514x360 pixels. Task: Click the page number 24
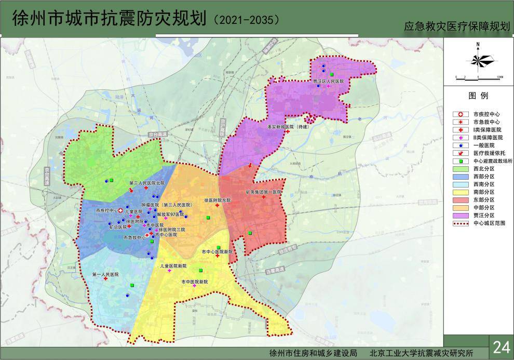(x=501, y=346)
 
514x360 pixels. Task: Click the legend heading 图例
(x=478, y=96)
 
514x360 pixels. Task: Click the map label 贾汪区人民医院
(x=328, y=82)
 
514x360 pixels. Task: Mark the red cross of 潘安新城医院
(x=287, y=132)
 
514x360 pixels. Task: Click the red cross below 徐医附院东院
(x=217, y=206)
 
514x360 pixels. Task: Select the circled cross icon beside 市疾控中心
(x=120, y=211)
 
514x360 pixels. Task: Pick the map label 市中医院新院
(x=194, y=281)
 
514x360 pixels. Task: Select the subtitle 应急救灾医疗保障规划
(x=457, y=27)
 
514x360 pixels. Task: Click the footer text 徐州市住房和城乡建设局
(x=314, y=353)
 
